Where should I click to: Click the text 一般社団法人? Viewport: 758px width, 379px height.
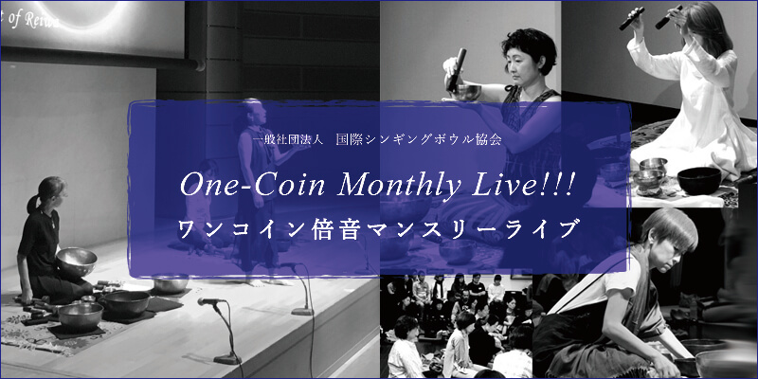(x=281, y=139)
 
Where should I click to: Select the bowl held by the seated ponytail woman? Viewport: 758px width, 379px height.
(x=77, y=262)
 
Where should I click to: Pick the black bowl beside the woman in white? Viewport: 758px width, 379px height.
(x=699, y=180)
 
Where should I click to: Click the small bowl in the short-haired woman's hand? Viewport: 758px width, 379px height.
(x=466, y=92)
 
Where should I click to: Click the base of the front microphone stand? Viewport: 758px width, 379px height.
(x=227, y=359)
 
